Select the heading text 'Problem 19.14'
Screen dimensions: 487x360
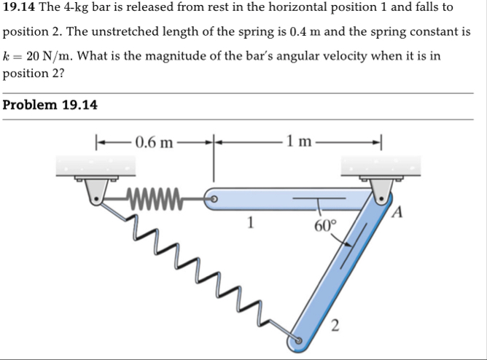point(50,105)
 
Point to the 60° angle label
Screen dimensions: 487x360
point(325,224)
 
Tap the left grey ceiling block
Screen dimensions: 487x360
point(96,167)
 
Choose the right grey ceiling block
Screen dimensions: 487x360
point(380,167)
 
